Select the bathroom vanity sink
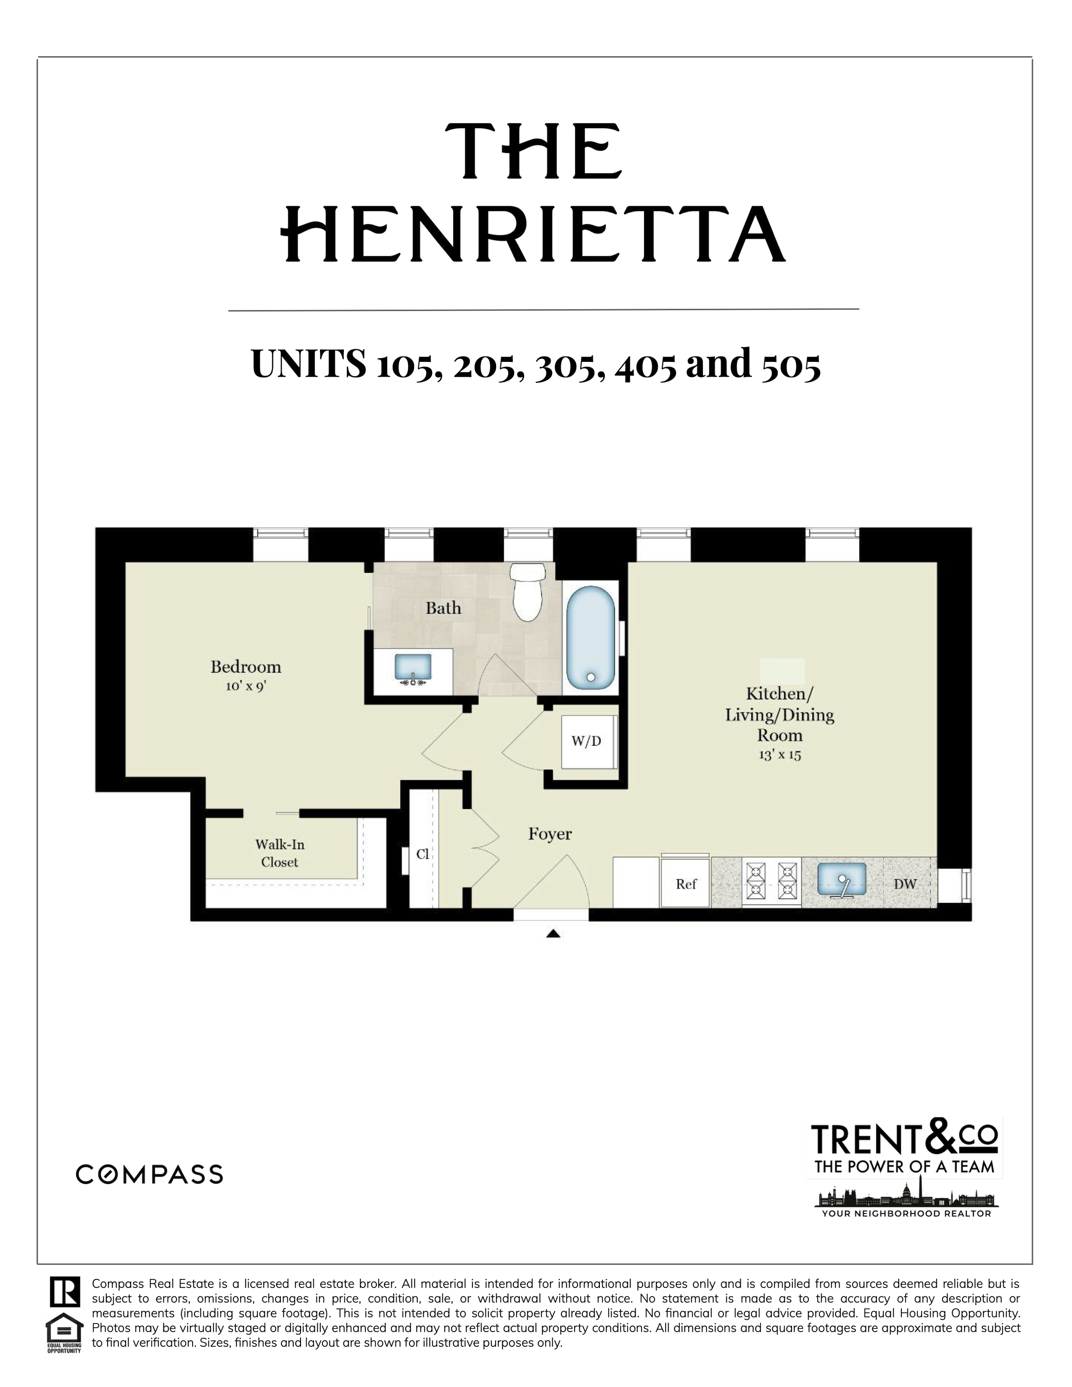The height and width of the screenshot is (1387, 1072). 413,668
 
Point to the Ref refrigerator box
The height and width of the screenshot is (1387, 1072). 685,883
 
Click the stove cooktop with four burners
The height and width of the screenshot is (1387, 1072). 771,881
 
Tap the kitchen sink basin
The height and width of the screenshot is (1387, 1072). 841,879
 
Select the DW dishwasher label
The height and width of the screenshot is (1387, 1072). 905,883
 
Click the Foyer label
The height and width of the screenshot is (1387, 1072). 550,834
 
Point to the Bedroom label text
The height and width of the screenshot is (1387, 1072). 246,667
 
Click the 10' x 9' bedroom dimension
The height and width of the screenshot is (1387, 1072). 246,686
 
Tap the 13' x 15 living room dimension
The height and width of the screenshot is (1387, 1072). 780,755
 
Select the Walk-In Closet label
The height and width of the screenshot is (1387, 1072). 280,853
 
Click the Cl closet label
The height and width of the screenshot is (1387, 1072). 422,854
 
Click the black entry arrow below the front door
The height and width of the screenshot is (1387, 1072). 553,933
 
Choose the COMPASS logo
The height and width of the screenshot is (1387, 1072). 149,1174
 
